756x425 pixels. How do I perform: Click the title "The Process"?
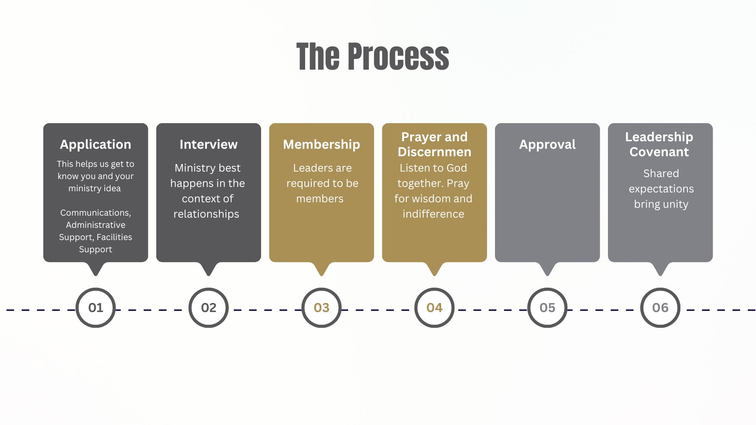click(x=372, y=57)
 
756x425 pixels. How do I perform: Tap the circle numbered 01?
click(x=96, y=307)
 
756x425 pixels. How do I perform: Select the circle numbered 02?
click(x=209, y=307)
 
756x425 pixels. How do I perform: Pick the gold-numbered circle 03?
click(x=321, y=307)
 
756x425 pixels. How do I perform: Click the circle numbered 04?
click(x=434, y=307)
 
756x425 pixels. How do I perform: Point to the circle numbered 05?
click(x=547, y=307)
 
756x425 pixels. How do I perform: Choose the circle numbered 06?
click(x=660, y=307)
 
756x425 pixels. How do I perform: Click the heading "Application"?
click(x=96, y=144)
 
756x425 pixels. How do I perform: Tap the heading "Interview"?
click(x=209, y=144)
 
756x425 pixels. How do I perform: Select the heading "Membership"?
click(x=321, y=144)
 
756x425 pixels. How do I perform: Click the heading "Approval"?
click(x=547, y=144)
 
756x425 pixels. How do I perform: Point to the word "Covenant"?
click(x=659, y=152)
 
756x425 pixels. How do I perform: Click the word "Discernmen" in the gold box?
click(x=434, y=152)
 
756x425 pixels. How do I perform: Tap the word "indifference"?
click(x=433, y=214)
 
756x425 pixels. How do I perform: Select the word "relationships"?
click(x=206, y=214)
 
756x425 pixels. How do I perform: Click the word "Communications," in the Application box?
click(x=96, y=213)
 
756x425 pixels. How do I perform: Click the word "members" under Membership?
click(x=320, y=199)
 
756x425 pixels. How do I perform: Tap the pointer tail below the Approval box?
click(x=547, y=269)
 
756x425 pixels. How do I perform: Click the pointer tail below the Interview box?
click(x=209, y=269)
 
